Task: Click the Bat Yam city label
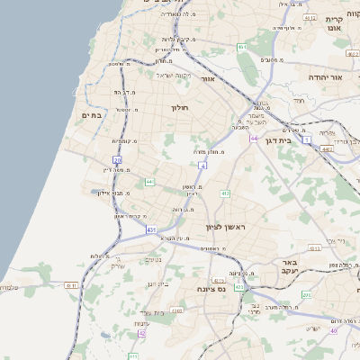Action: (x=93, y=114)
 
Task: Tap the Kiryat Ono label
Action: (x=334, y=22)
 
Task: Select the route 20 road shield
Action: (x=118, y=159)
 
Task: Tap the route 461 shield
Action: (x=242, y=47)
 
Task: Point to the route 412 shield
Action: (x=225, y=193)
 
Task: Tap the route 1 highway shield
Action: (x=307, y=139)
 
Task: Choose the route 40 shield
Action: (x=332, y=329)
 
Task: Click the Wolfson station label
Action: (x=121, y=109)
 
